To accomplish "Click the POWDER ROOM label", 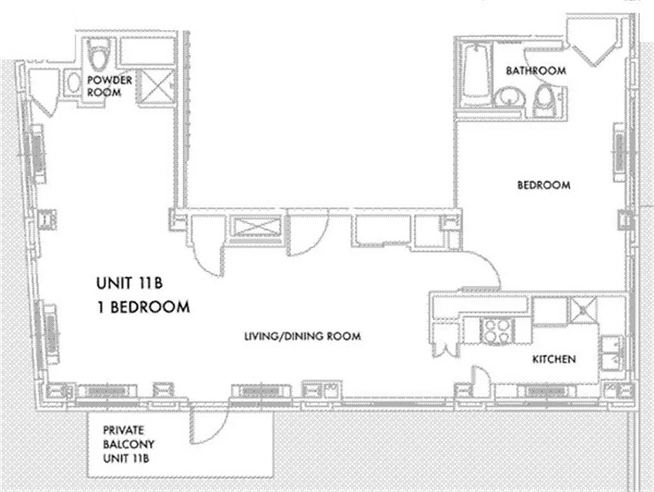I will click(110, 86).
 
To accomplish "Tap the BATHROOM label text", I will click(535, 71).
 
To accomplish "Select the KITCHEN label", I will click(554, 359).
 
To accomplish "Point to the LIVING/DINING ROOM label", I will click(301, 336).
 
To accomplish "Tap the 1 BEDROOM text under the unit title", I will click(142, 306).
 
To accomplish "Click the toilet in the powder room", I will click(98, 55).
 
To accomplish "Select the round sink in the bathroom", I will click(509, 98).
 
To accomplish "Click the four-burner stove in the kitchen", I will click(496, 330).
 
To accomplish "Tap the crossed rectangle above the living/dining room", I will click(253, 227).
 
